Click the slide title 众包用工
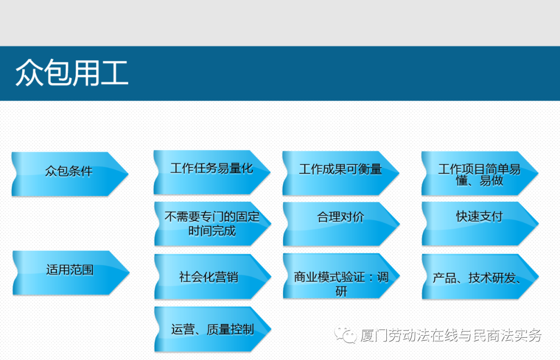pyautogui.click(x=72, y=73)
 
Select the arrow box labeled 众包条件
pyautogui.click(x=69, y=174)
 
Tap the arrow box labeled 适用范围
pyautogui.click(x=71, y=272)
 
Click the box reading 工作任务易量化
pyautogui.click(x=212, y=173)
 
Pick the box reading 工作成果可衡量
pyautogui.click(x=341, y=173)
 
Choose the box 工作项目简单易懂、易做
pyautogui.click(x=480, y=174)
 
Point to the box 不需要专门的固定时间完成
pyautogui.click(x=213, y=224)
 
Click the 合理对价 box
pyautogui.click(x=341, y=224)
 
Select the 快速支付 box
pyautogui.click(x=480, y=224)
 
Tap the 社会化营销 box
pyautogui.click(x=213, y=276)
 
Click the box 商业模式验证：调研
pyautogui.click(x=341, y=276)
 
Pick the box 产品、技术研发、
pyautogui.click(x=480, y=276)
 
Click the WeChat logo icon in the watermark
pyautogui.click(x=345, y=335)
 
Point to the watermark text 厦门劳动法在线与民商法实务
pyautogui.click(x=451, y=335)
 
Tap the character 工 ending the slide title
pyautogui.click(x=114, y=73)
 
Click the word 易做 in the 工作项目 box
pyautogui.click(x=492, y=181)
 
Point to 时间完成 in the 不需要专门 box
pyautogui.click(x=212, y=231)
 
